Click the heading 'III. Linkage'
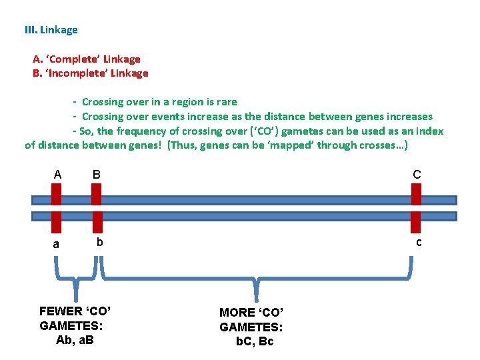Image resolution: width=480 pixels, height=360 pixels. coord(51,30)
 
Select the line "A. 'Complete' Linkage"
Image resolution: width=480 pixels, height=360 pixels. coord(87,59)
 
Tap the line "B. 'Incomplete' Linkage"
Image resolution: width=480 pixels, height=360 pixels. coord(91,73)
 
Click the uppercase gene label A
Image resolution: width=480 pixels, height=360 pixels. coord(57,175)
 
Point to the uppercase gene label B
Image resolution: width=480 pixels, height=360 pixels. coord(97,175)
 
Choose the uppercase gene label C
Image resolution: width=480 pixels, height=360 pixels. coord(417,175)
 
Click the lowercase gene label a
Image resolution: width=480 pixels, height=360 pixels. coord(56,244)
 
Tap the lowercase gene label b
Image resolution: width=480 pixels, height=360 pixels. coord(99,241)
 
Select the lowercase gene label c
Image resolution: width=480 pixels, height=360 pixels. coord(419,242)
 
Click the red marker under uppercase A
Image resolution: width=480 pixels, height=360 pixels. coord(56,194)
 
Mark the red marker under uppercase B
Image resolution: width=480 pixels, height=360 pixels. coord(96,194)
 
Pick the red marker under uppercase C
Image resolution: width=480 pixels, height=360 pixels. coord(417,194)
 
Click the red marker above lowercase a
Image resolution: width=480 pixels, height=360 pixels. coord(56,221)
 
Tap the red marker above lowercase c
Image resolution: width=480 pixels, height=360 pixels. coord(417,221)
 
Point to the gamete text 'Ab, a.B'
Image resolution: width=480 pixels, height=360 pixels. coord(75,340)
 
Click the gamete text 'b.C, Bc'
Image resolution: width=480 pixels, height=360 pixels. coord(255,341)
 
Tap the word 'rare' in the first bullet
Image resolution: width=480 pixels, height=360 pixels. coord(226,102)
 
